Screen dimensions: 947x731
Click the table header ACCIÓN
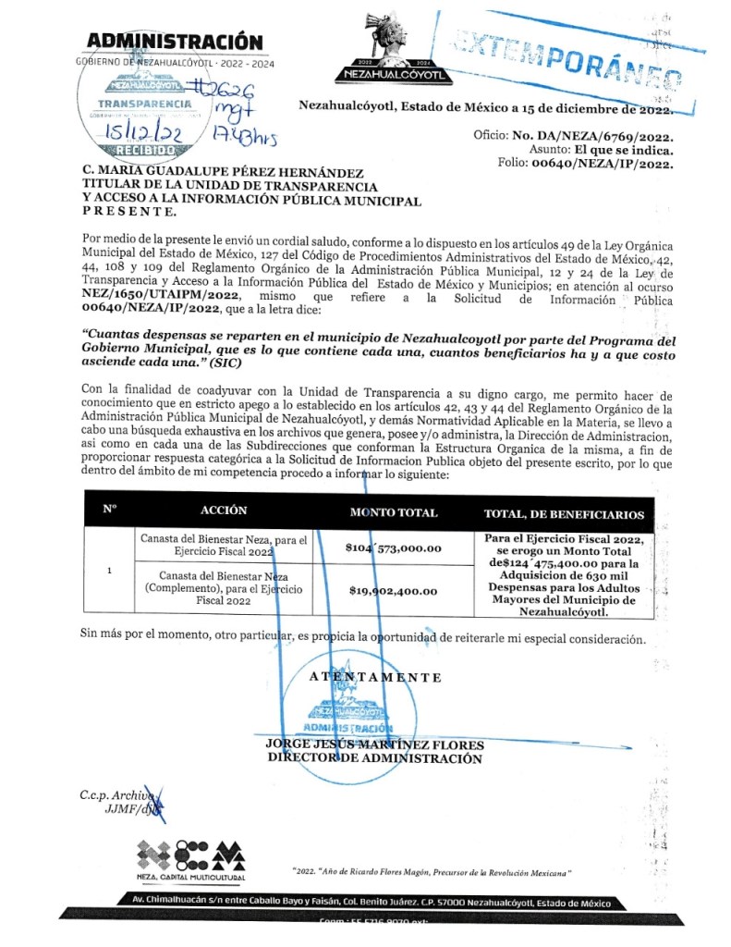[x=224, y=510]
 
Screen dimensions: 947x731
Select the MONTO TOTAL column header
[x=394, y=512]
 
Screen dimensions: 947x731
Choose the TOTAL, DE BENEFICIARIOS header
[x=563, y=514]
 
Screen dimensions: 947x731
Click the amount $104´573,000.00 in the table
[x=394, y=548]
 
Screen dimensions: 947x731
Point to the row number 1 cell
[x=110, y=570]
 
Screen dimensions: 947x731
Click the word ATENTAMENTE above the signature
[x=374, y=677]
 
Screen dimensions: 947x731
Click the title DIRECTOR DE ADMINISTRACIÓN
[x=374, y=758]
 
